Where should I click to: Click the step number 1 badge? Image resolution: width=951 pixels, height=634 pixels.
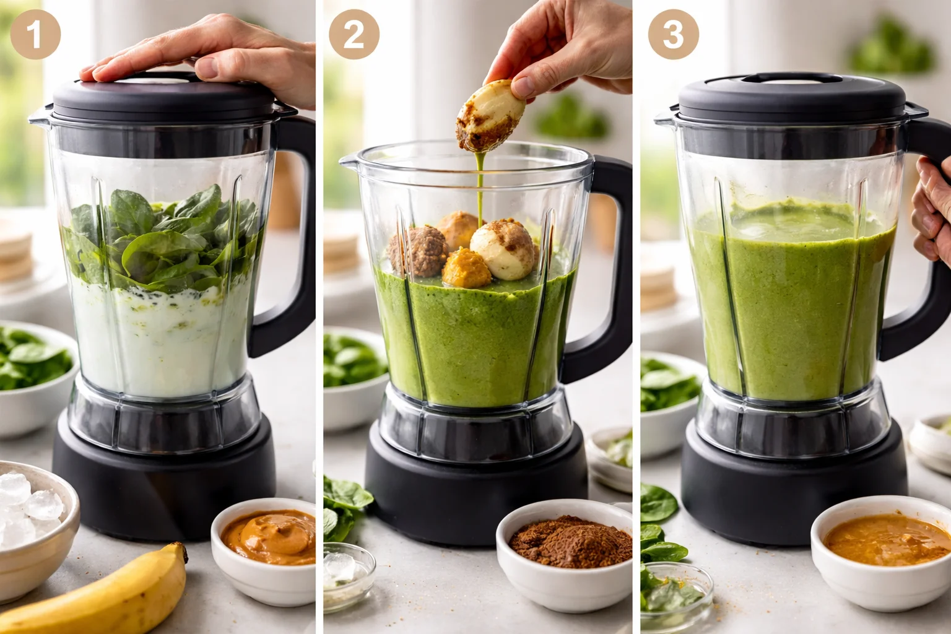35,34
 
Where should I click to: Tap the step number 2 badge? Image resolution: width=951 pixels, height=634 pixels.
354,34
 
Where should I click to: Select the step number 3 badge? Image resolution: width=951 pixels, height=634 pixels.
673,34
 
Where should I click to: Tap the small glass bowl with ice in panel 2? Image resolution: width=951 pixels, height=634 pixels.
349,573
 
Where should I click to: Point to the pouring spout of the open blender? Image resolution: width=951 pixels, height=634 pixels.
350,163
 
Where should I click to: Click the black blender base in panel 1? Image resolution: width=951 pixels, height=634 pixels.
164,483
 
